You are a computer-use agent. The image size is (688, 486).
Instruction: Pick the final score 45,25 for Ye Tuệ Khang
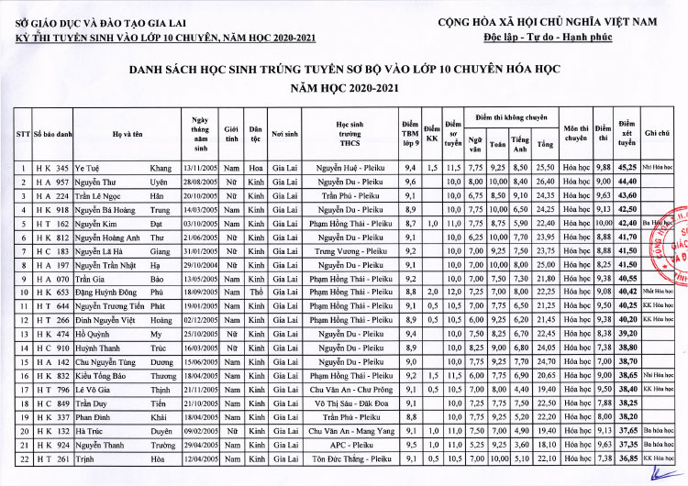[x=627, y=169]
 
